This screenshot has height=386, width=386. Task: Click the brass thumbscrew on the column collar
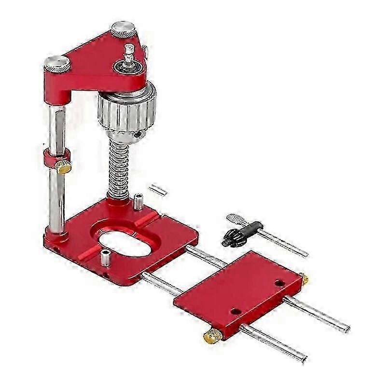tap(63, 167)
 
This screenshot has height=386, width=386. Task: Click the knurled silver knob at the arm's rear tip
tap(123, 29)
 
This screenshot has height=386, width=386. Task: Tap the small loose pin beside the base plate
tap(158, 190)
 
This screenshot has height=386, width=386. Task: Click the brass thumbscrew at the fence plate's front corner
tap(212, 336)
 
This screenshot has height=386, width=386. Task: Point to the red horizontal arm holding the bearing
tap(96, 63)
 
